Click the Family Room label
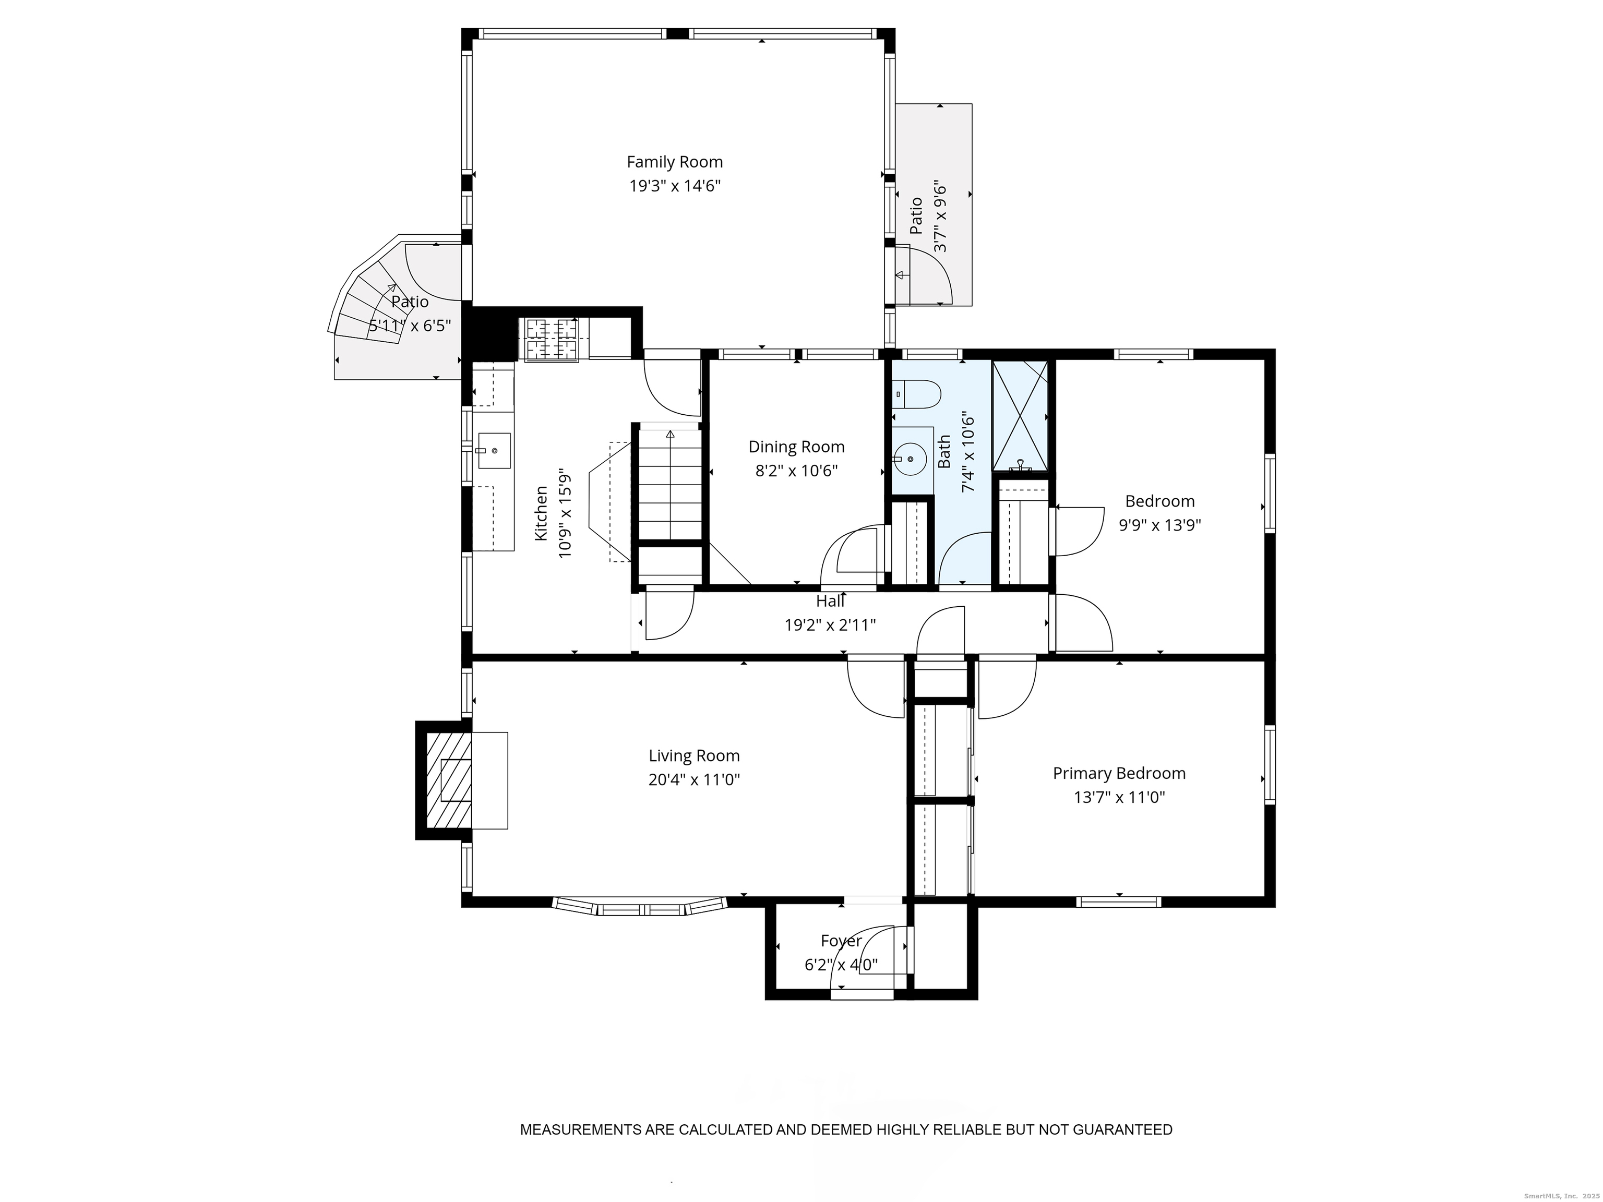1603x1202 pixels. click(675, 162)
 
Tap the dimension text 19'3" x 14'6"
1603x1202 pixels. click(675, 186)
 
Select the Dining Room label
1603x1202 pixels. click(796, 447)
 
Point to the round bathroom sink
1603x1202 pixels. click(910, 459)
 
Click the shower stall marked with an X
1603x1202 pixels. click(1020, 416)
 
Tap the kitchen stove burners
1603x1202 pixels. click(552, 339)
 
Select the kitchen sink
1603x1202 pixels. click(494, 451)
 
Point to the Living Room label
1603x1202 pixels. click(694, 756)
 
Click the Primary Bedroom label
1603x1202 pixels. click(1119, 774)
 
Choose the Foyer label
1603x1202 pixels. click(841, 941)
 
